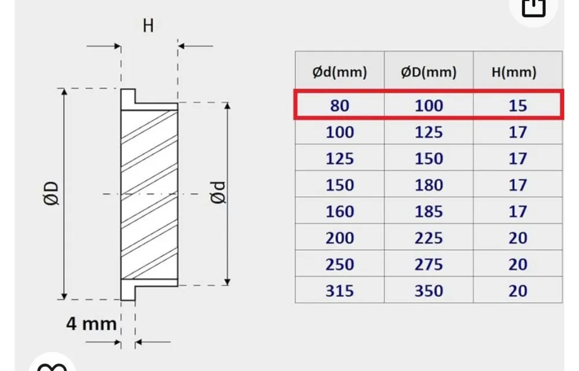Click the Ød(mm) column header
click(x=340, y=72)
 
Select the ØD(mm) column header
click(x=428, y=72)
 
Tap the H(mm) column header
click(x=514, y=72)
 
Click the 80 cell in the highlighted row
click(x=340, y=105)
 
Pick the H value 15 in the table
click(x=518, y=105)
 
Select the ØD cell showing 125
click(x=428, y=132)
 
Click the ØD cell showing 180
click(x=428, y=185)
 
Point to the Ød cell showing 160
click(x=340, y=211)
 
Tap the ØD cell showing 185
click(x=428, y=211)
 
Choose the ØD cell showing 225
click(x=428, y=238)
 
